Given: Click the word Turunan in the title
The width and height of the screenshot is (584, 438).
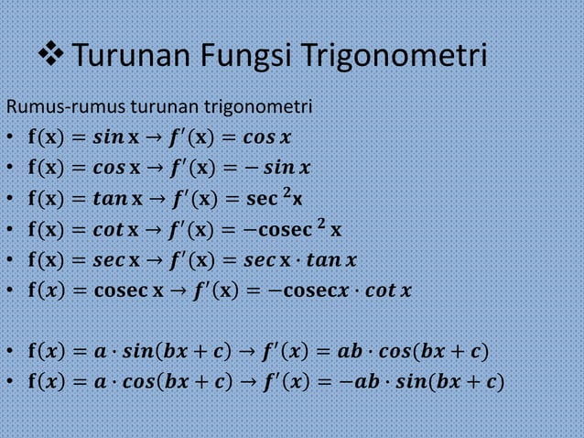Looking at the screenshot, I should tap(128, 60).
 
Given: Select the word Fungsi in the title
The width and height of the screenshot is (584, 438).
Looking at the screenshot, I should tap(241, 60).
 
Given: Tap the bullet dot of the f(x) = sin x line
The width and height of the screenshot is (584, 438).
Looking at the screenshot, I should tap(7, 140).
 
